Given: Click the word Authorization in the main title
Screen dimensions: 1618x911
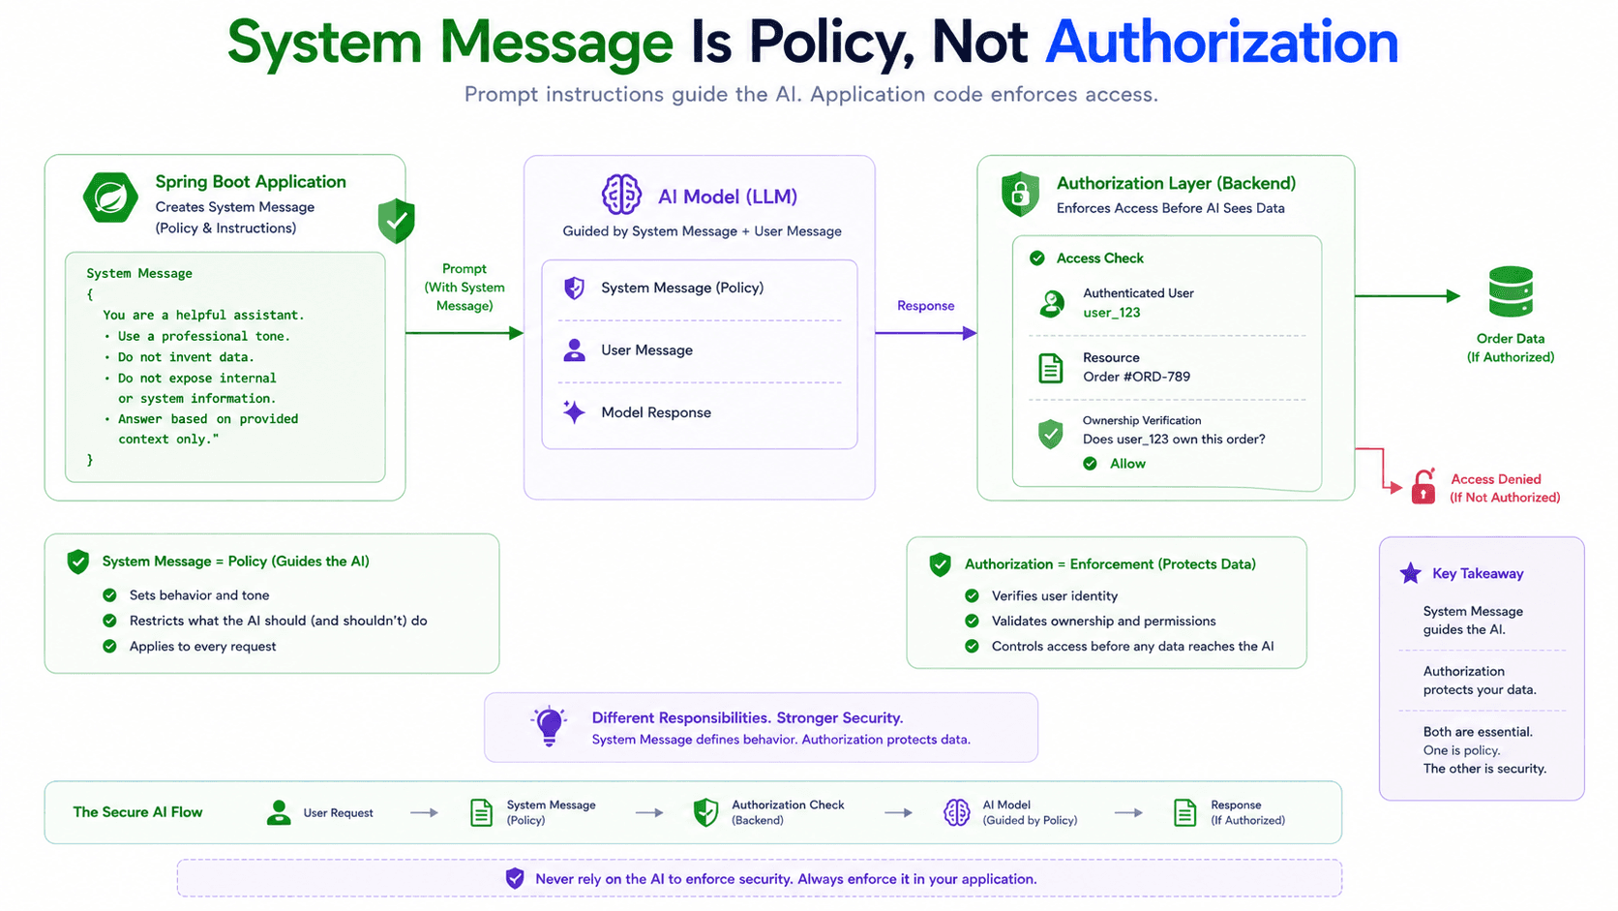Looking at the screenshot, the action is coord(1221,43).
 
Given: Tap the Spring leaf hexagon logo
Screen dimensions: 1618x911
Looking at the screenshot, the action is coord(110,197).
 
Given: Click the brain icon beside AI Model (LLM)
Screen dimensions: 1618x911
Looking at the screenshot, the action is coord(621,195).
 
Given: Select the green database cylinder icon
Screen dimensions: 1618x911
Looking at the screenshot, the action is coord(1511,291).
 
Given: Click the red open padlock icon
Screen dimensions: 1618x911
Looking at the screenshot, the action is coord(1423,487).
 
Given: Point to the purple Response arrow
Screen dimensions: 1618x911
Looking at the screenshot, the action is coord(925,333).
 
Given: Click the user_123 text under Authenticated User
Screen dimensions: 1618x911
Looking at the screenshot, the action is coord(1111,313).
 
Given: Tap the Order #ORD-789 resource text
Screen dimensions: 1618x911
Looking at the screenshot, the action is coord(1136,377).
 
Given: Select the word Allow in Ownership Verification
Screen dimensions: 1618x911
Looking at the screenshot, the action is coord(1127,464).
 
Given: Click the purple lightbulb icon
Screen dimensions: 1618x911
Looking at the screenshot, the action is coord(549,725).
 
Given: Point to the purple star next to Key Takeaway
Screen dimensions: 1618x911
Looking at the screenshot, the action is coord(1410,573).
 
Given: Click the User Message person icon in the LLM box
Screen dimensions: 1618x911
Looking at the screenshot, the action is coord(574,349).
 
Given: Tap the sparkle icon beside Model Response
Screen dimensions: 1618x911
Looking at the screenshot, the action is coord(574,411).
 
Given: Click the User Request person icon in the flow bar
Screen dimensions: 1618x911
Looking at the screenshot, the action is coord(279,812).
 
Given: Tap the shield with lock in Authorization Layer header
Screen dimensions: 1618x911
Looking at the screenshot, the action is coord(1020,194).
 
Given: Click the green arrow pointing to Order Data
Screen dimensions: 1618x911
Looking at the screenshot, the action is coord(1407,295).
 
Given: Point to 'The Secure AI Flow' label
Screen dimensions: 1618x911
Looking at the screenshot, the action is coord(137,812).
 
